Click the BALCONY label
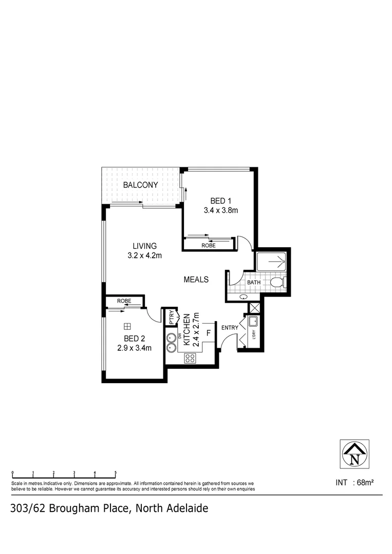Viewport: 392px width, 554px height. coord(140,185)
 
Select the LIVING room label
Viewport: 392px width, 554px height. coord(144,246)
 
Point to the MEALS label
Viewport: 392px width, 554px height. coord(196,280)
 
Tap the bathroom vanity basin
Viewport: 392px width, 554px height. coord(242,296)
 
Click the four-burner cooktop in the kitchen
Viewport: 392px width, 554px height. coord(190,359)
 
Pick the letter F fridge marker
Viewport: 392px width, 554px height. coord(208,332)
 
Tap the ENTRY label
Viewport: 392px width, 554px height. coord(229,327)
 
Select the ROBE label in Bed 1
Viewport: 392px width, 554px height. coord(209,246)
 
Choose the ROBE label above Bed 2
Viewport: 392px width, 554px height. coord(124,301)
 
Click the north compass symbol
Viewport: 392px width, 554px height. coord(354,453)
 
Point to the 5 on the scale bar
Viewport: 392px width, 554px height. coord(116,472)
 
